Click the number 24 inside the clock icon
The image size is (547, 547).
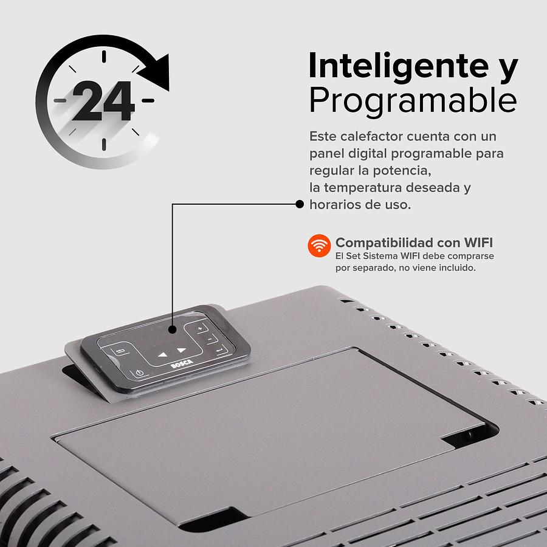[x=103, y=101]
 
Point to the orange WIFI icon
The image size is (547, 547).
[x=319, y=246]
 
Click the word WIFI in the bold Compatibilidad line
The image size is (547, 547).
[x=478, y=243]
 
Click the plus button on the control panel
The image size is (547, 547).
[x=200, y=328]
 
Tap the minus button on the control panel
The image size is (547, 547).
[x=210, y=339]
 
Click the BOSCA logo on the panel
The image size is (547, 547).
[x=182, y=364]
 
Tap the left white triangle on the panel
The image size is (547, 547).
[x=162, y=355]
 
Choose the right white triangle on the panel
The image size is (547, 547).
[x=182, y=349]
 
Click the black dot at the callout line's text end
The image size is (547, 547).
[x=300, y=204]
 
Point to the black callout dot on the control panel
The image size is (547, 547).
[x=172, y=329]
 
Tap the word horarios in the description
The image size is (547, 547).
[x=333, y=204]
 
